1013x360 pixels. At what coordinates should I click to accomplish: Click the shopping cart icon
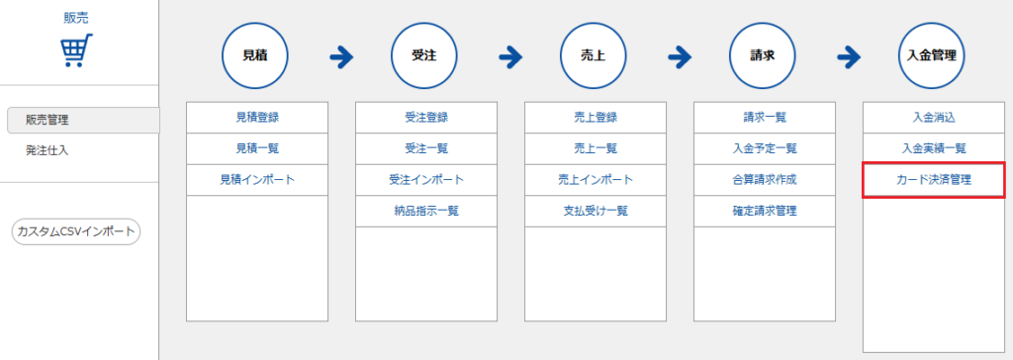tap(77, 50)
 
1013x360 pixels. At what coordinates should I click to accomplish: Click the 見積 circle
tap(255, 55)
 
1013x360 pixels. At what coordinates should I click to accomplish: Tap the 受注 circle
tap(424, 55)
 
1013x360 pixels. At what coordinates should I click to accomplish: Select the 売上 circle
tap(594, 55)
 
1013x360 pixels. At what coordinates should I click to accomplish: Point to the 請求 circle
tap(763, 55)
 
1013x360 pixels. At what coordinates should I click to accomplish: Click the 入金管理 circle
tap(932, 55)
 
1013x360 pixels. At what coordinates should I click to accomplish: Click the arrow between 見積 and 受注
tap(341, 57)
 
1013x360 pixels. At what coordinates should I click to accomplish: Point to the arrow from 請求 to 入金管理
tap(849, 57)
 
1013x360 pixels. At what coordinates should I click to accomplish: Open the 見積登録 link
tap(257, 118)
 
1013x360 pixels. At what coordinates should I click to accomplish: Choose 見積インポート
tap(257, 180)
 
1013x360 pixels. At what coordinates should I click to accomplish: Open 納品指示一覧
tap(426, 211)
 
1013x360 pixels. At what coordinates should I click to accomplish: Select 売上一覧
tap(596, 148)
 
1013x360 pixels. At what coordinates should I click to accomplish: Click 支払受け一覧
tap(596, 211)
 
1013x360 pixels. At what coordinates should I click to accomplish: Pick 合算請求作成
tap(765, 180)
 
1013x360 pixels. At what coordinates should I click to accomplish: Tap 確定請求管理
tap(765, 211)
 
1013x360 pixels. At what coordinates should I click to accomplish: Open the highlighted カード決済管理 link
tap(934, 180)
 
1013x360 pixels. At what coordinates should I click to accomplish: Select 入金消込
tap(934, 118)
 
